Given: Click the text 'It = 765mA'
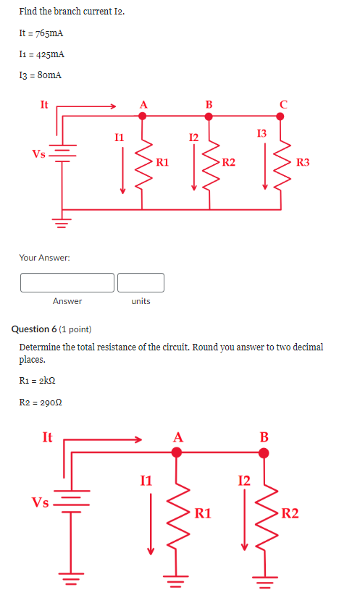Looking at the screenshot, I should point(41,33).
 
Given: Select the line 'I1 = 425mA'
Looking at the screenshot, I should point(41,54).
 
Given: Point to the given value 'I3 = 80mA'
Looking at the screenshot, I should point(41,75).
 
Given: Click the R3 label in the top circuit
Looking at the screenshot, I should point(303,163).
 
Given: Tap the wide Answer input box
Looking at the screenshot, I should point(67,282).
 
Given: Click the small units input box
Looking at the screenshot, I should point(141,282).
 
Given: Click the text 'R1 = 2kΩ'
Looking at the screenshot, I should point(38,380).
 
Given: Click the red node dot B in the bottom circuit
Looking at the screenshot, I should point(264,452).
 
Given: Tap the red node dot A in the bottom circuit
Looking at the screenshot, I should point(176,452).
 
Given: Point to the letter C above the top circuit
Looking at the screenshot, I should point(283,104).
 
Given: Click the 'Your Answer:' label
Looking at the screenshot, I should point(45,257).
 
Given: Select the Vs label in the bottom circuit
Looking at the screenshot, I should point(39,502).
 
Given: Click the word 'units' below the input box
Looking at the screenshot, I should point(141,301).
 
